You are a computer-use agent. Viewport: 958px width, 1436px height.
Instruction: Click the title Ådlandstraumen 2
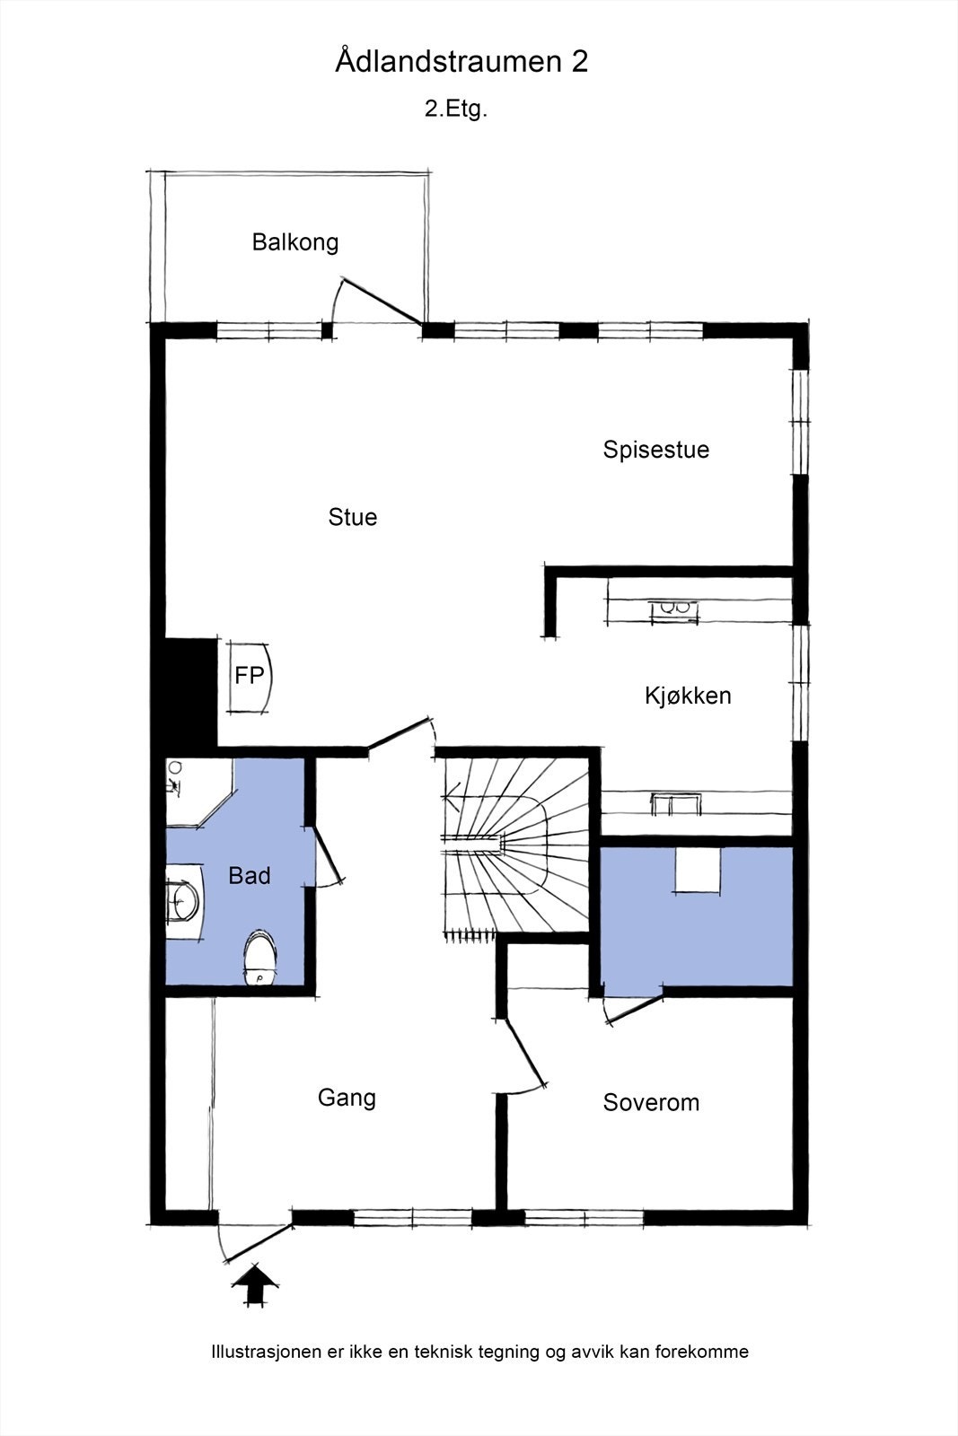pyautogui.click(x=461, y=62)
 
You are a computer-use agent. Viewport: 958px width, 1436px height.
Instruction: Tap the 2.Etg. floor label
pyautogui.click(x=455, y=109)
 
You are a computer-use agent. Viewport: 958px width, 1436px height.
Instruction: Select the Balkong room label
pyautogui.click(x=294, y=242)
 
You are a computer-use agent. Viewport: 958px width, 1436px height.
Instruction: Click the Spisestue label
pyautogui.click(x=655, y=450)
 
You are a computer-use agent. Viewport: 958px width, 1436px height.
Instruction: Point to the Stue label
pyautogui.click(x=352, y=517)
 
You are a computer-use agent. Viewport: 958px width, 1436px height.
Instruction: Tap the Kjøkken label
pyautogui.click(x=688, y=696)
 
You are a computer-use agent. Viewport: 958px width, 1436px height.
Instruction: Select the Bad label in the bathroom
pyautogui.click(x=249, y=876)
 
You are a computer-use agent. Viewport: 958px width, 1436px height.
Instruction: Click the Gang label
pyautogui.click(x=347, y=1098)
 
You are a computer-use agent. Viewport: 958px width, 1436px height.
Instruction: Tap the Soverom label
pyautogui.click(x=651, y=1103)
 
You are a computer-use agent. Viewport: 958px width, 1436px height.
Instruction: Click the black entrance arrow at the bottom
pyautogui.click(x=255, y=1285)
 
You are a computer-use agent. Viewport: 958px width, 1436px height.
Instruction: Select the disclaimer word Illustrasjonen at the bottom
pyautogui.click(x=266, y=1352)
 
